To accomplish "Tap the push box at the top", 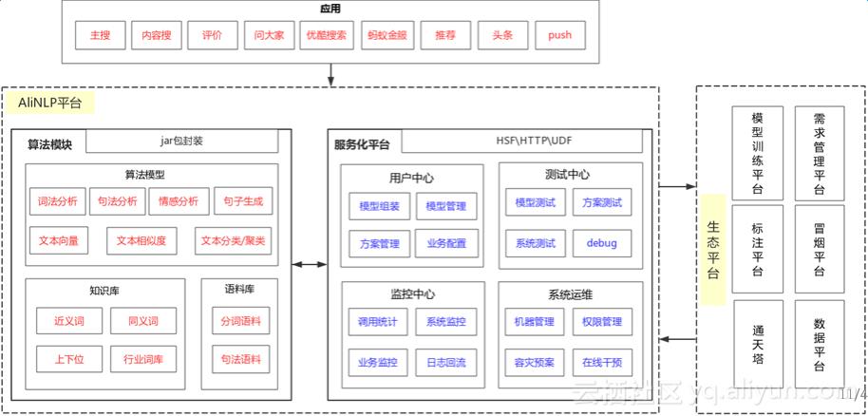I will pyautogui.click(x=559, y=35).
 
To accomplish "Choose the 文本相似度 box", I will pyautogui.click(x=142, y=241).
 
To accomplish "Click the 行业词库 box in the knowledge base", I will pyautogui.click(x=143, y=359).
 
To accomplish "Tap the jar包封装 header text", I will pyautogui.click(x=181, y=141).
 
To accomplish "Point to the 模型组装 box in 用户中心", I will pyautogui.click(x=380, y=205).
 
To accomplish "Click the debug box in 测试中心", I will pyautogui.click(x=601, y=243).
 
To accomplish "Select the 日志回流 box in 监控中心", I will pyautogui.click(x=446, y=362).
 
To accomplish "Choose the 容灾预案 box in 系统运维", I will pyautogui.click(x=534, y=362).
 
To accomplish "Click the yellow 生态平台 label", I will pyautogui.click(x=713, y=249).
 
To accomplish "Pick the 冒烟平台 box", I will pyautogui.click(x=820, y=251).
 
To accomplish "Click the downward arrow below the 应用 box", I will pyautogui.click(x=330, y=74).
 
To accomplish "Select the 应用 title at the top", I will pyautogui.click(x=330, y=9).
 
